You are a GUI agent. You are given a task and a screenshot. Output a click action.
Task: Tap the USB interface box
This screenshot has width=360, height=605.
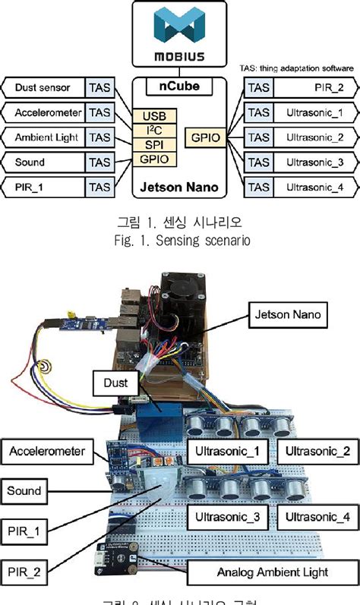click(155, 116)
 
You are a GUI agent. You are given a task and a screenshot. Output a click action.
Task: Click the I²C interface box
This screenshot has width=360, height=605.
click(155, 131)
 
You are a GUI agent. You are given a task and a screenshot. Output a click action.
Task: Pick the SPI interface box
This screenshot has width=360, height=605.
click(155, 144)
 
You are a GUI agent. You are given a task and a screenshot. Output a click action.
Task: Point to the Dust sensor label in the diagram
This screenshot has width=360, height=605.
click(43, 88)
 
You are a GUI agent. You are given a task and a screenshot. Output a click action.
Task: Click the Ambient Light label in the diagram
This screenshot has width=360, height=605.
click(44, 137)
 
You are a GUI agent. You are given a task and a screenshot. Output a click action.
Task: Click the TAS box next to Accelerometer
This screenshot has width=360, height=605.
click(100, 113)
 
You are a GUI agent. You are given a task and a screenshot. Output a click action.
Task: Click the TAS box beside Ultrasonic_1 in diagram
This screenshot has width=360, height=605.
click(258, 113)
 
